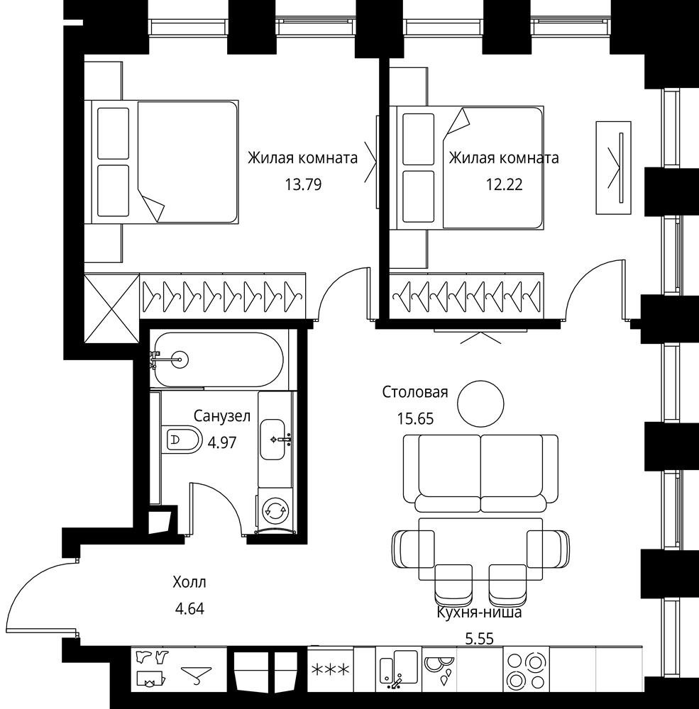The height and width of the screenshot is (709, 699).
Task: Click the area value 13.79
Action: [x=303, y=184]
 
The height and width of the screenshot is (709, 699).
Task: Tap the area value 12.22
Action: [x=505, y=184]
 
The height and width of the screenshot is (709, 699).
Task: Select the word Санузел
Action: [x=222, y=416]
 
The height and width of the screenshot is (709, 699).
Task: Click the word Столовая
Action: [x=415, y=391]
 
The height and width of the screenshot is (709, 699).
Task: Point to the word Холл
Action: [x=189, y=582]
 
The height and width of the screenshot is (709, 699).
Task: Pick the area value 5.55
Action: [x=480, y=639]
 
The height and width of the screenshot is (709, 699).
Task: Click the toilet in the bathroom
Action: [x=181, y=439]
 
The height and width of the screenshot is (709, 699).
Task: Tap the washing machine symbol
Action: [x=275, y=510]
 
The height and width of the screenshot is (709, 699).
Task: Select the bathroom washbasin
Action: [x=273, y=439]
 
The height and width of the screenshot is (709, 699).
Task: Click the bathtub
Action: [x=218, y=360]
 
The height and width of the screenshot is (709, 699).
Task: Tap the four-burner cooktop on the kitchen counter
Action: [x=526, y=670]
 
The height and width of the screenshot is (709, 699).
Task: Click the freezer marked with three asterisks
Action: [x=330, y=670]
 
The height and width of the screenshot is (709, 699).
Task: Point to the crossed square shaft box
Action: [x=112, y=308]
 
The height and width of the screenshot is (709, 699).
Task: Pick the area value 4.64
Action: [x=189, y=608]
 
